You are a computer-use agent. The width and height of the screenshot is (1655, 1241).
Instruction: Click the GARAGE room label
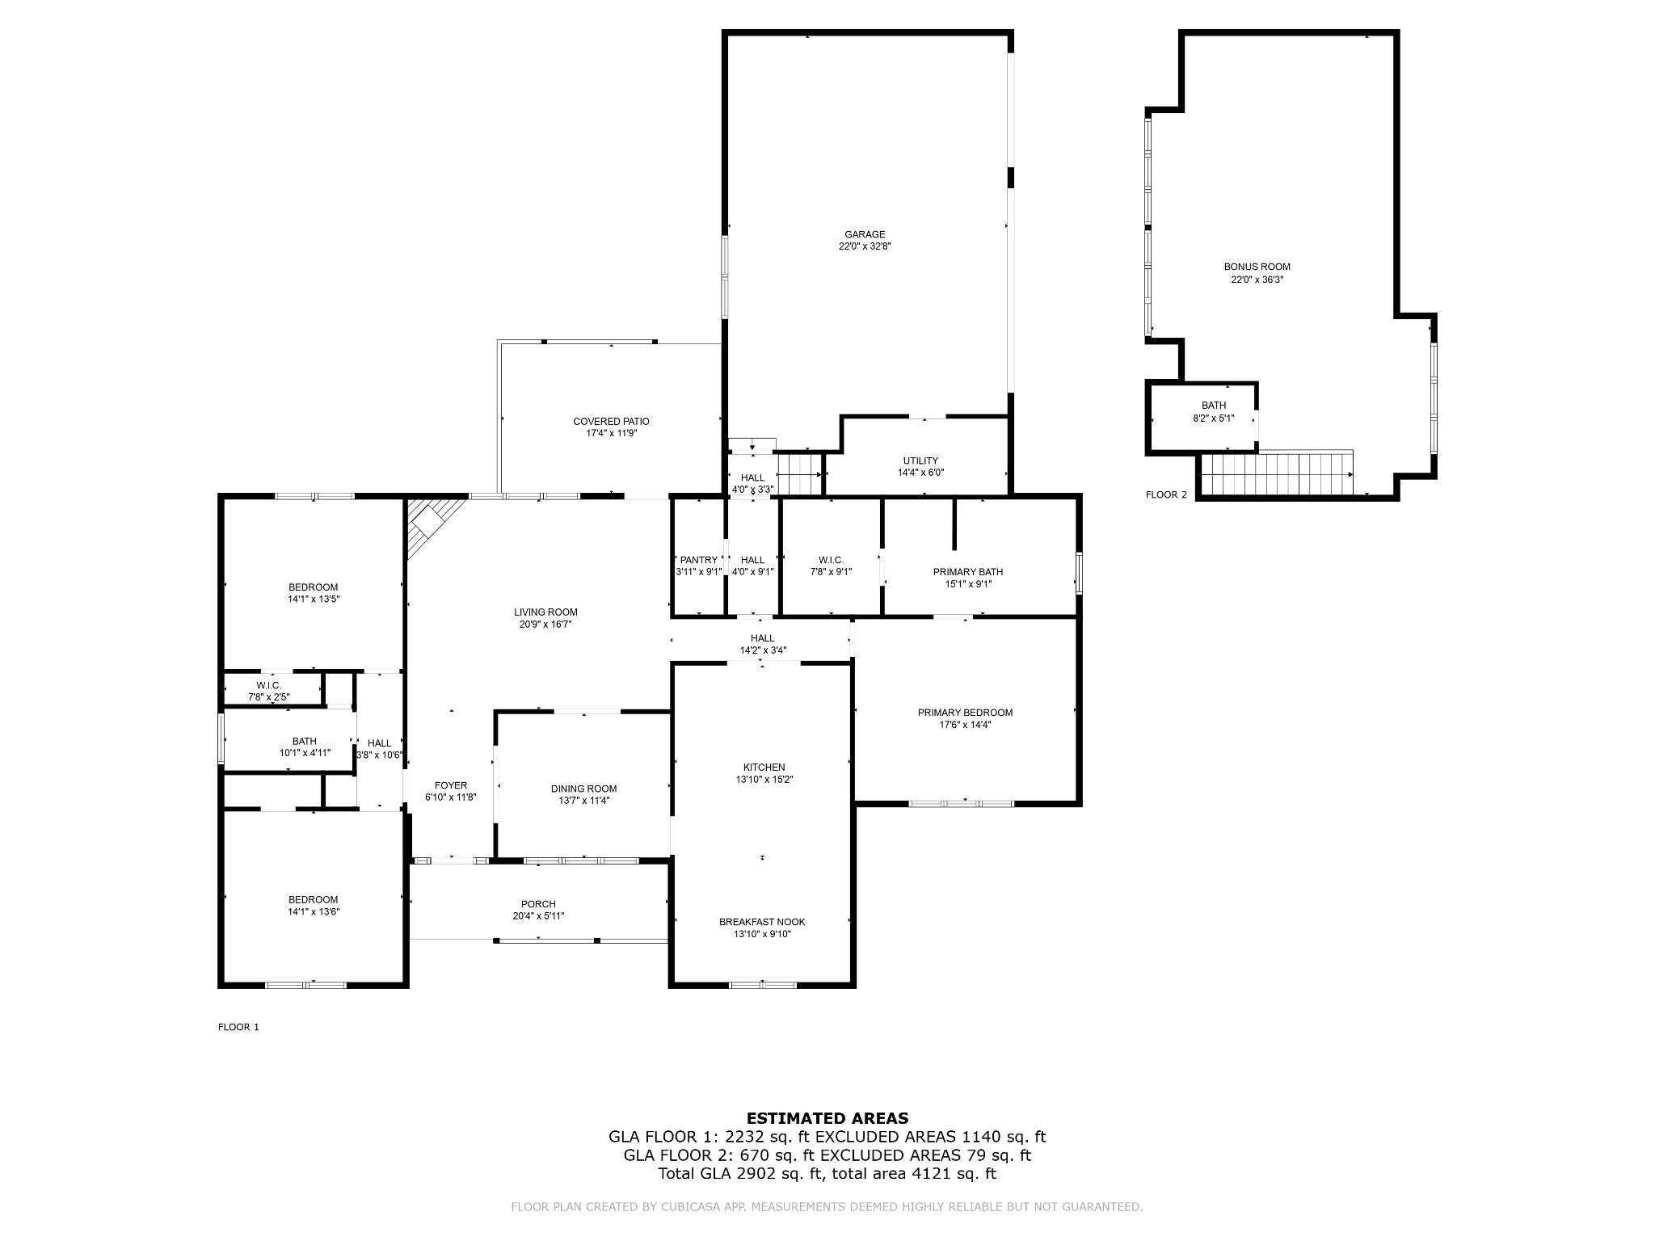pos(865,235)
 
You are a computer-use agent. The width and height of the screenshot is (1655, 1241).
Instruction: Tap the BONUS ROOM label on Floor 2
pos(1257,267)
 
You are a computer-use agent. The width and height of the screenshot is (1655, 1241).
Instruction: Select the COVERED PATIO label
pos(611,422)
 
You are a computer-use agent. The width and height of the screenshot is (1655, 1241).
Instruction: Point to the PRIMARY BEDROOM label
pos(965,713)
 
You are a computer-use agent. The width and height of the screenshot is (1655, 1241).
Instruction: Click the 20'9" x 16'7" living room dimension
pos(545,625)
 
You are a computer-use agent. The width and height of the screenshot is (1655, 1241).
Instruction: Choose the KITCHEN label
pos(764,768)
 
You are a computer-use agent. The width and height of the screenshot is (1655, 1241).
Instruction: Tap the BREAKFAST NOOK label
pos(762,923)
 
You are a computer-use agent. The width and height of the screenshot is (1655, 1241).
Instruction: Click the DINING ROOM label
pos(583,789)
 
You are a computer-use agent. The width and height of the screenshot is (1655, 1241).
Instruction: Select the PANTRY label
pos(698,561)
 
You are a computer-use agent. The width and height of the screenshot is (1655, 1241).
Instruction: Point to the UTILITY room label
pos(920,461)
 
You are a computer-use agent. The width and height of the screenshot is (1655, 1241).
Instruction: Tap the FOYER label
pos(451,785)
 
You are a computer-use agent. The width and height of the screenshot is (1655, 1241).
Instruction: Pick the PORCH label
pos(538,905)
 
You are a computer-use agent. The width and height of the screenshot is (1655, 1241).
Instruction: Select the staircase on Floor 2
pos(1277,473)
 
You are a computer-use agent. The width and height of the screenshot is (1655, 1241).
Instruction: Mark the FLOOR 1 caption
pos(238,1028)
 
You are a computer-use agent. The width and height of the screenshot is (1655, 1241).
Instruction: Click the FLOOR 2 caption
pos(1166,495)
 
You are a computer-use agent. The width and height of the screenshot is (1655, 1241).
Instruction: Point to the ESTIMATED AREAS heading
pos(827,1119)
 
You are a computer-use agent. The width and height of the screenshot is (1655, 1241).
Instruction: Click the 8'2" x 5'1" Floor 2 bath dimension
pos(1213,419)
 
